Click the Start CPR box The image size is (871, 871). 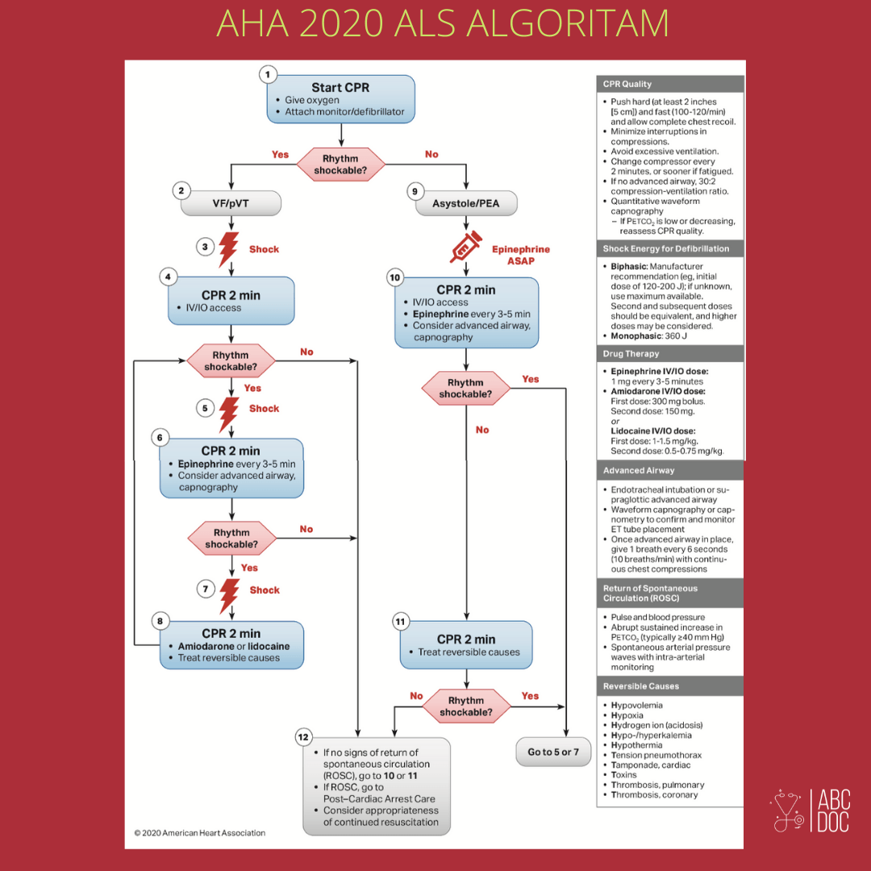[x=340, y=99]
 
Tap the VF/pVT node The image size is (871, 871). [x=231, y=203]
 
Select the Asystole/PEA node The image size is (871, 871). [x=466, y=203]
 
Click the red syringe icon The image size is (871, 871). [x=465, y=247]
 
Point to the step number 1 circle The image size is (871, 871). [x=268, y=74]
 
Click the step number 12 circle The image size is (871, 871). [x=303, y=737]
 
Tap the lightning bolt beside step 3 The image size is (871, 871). [x=229, y=249]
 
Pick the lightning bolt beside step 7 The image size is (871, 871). [x=229, y=595]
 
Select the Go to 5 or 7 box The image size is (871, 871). [x=553, y=752]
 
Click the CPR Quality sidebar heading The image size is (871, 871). [x=670, y=84]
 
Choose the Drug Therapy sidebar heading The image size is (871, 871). [x=670, y=354]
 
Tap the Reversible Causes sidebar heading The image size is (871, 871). [x=670, y=686]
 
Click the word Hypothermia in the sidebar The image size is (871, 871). [x=636, y=745]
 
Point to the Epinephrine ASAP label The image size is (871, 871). [x=520, y=255]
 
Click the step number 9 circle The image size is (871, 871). [x=415, y=192]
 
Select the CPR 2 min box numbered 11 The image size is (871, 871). [x=466, y=645]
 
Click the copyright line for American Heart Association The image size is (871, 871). [x=200, y=832]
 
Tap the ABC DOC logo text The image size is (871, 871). [x=833, y=811]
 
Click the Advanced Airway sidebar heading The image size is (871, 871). [x=670, y=470]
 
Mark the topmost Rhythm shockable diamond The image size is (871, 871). [x=340, y=165]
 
